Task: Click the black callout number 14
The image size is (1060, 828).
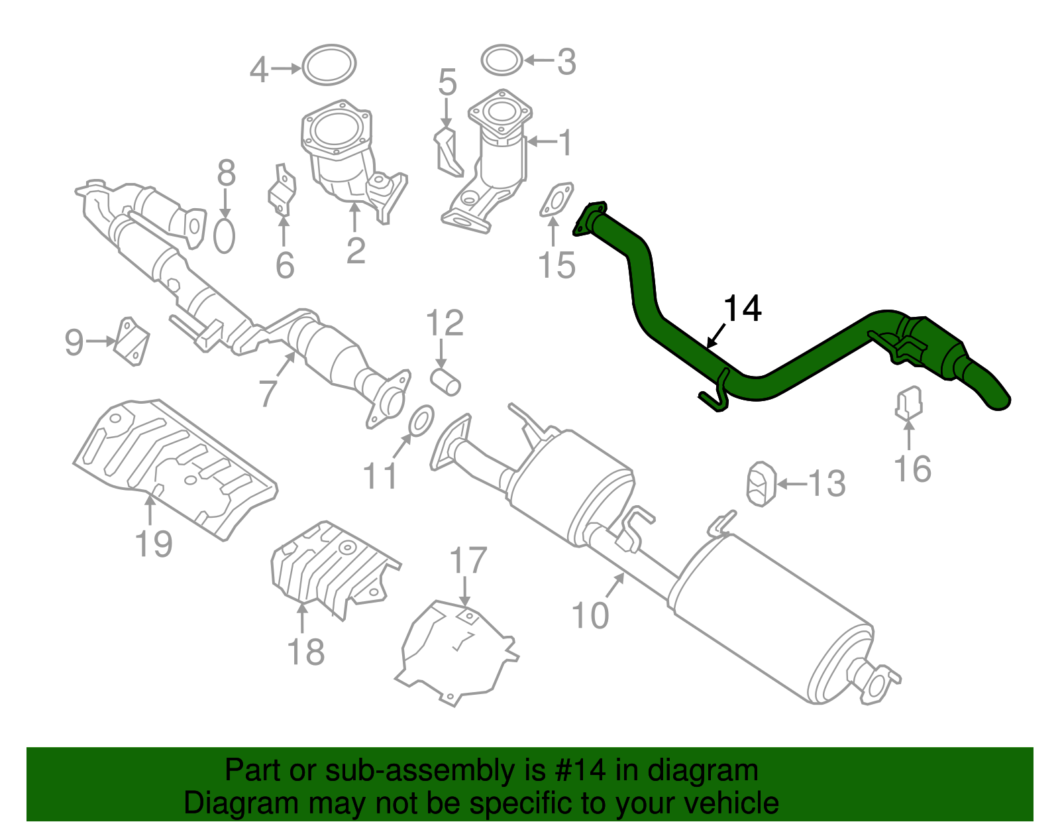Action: tap(743, 309)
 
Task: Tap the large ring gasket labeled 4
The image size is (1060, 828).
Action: tap(329, 65)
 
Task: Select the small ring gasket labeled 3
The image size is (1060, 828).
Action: tap(502, 60)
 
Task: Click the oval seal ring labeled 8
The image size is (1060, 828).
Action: tap(225, 235)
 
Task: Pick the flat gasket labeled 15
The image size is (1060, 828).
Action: tap(555, 200)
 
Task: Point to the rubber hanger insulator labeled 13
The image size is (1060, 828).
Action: tap(761, 485)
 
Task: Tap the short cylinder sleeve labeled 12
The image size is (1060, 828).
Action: tap(446, 383)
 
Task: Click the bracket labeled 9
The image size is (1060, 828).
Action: tap(132, 341)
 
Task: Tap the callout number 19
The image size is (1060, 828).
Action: tap(154, 544)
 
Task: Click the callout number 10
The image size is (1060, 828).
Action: tap(590, 615)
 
